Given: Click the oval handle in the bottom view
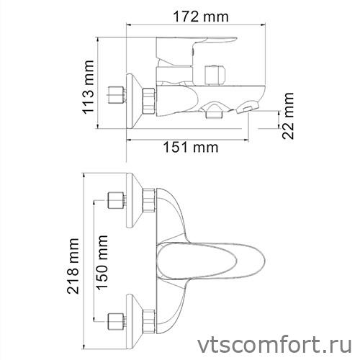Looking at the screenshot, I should click(x=205, y=258).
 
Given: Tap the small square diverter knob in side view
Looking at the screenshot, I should click(x=214, y=74).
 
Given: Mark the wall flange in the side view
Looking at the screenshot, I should click(x=132, y=96).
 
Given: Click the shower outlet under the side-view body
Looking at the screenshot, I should click(x=214, y=110).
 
